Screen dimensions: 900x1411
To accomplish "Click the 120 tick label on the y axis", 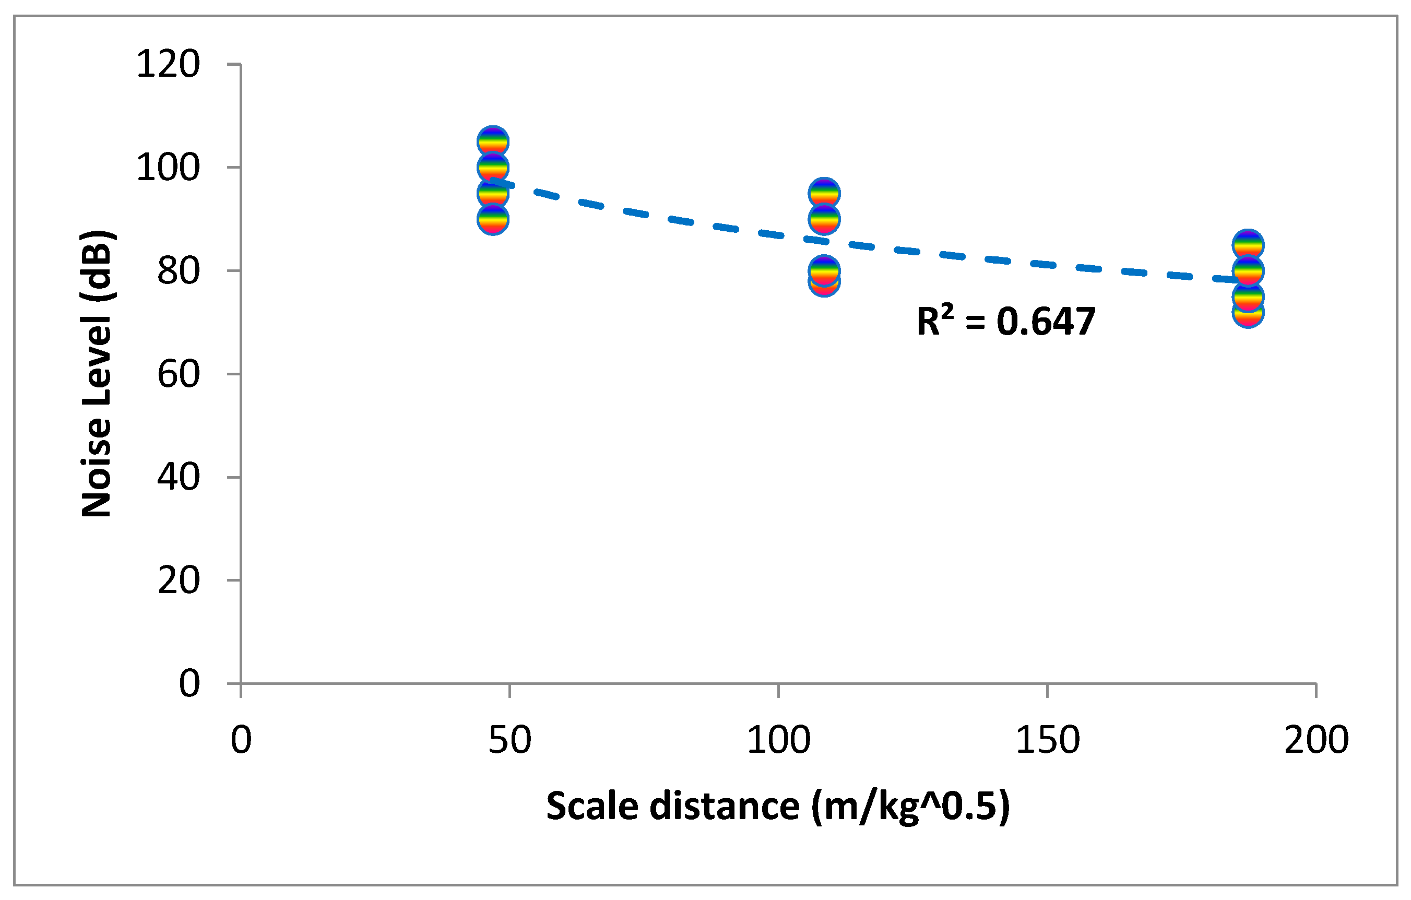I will coord(168,64).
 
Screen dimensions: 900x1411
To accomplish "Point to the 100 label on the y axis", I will coord(168,168).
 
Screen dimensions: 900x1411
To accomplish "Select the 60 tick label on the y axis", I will coord(179,374).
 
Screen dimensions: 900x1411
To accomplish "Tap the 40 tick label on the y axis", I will coord(179,477).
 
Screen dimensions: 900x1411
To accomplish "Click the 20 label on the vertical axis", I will coord(179,581).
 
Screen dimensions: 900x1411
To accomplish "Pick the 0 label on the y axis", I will coord(189,684).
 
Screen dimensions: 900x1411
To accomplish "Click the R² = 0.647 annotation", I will coord(1005,322).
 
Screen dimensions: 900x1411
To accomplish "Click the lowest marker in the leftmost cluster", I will coord(493,220).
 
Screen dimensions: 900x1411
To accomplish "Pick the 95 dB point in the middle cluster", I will coord(824,193).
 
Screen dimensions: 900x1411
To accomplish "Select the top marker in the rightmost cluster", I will coord(1248,244).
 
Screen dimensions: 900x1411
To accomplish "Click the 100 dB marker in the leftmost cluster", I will coord(493,168).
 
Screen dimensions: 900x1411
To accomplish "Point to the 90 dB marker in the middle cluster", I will coord(824,219).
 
